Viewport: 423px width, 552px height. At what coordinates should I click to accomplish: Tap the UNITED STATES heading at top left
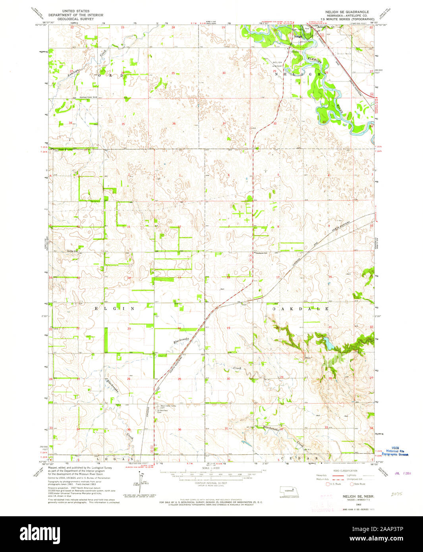coord(76,11)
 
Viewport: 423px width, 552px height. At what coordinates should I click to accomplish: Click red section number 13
coord(180,278)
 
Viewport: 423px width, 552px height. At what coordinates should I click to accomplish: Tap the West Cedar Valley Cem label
coord(168,406)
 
